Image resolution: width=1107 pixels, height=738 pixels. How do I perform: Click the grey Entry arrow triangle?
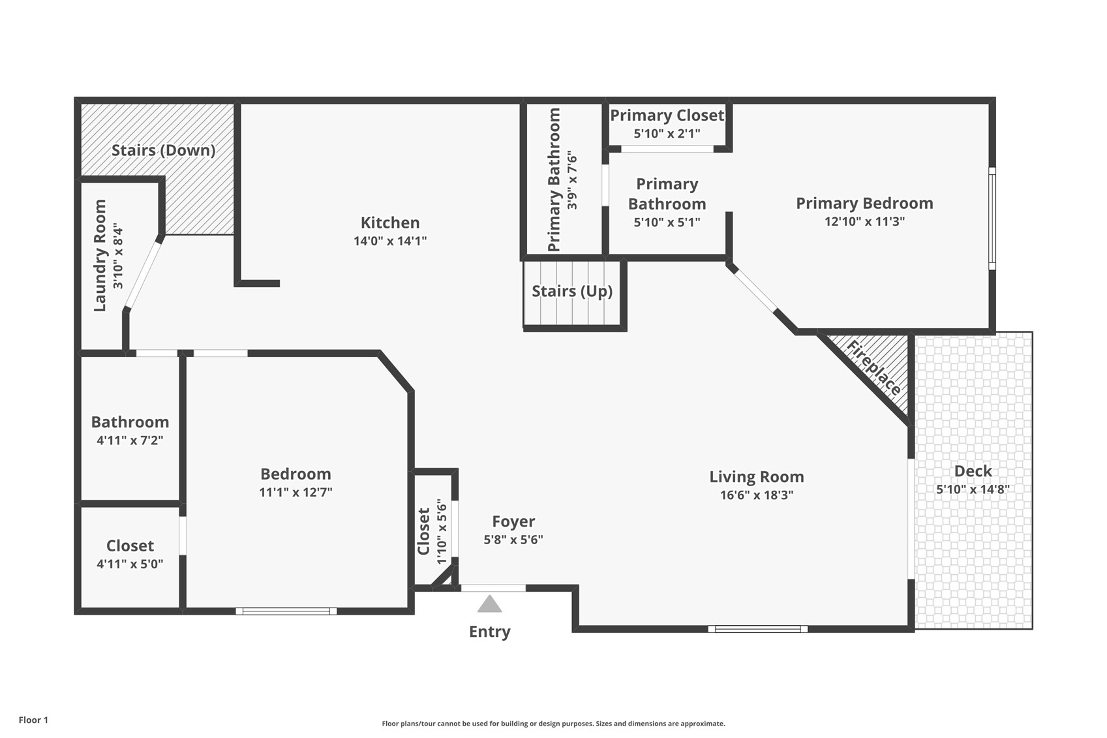[489, 605]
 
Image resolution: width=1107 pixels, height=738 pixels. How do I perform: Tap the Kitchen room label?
[390, 223]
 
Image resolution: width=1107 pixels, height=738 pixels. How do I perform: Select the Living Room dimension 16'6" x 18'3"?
[757, 495]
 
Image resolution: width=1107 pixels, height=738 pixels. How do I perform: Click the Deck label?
[973, 471]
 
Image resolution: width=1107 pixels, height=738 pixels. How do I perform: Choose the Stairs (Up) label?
[572, 291]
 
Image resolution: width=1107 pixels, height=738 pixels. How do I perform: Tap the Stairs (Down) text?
[163, 150]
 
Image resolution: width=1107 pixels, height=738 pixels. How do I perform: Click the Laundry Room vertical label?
[100, 256]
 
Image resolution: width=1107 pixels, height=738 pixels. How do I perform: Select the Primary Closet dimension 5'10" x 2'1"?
[667, 134]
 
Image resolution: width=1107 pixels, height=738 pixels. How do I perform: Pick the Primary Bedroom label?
[864, 204]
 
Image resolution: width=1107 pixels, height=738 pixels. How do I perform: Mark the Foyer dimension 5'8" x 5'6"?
[513, 540]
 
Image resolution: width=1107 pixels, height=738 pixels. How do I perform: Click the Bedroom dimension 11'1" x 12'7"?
[296, 493]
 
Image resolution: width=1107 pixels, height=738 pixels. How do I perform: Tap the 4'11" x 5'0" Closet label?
[130, 546]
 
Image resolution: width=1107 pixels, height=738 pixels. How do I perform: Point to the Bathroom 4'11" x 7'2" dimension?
[130, 440]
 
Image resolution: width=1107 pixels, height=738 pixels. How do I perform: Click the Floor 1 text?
[33, 720]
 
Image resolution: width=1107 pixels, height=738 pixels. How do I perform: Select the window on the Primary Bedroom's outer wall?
[992, 219]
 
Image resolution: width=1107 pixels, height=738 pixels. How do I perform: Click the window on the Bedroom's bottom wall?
[286, 611]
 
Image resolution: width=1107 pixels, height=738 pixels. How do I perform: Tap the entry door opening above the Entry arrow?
[493, 589]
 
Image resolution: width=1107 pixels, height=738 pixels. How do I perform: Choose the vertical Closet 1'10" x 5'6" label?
[424, 531]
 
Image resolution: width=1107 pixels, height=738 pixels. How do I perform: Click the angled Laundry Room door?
[143, 274]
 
